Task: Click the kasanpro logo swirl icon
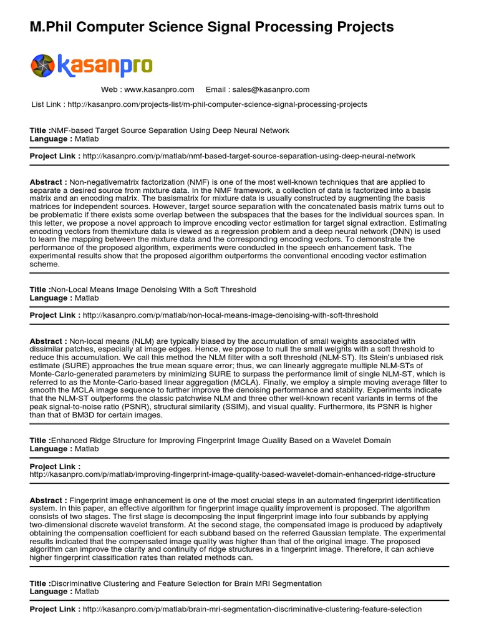tap(43, 66)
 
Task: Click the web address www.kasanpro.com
tap(159, 89)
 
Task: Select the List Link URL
tap(217, 104)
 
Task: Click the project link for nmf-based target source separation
tap(248, 156)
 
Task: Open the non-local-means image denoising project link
tap(230, 315)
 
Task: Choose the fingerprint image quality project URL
tap(232, 474)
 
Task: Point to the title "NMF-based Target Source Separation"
tap(170, 130)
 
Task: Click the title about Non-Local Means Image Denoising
tap(153, 290)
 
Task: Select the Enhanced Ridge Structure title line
tap(221, 441)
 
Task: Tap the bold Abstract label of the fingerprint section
tap(49, 500)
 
